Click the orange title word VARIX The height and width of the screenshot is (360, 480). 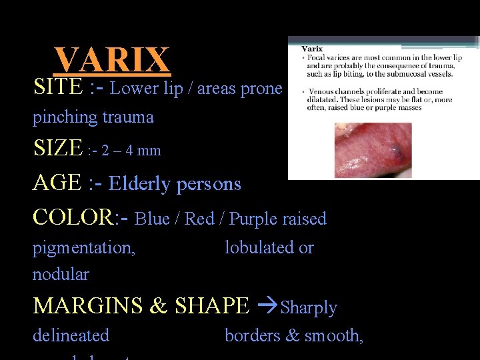pyautogui.click(x=112, y=60)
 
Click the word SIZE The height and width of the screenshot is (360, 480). pyautogui.click(x=58, y=148)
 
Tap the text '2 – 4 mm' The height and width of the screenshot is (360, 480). pyautogui.click(x=131, y=150)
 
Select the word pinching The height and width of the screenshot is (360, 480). pyautogui.click(x=61, y=117)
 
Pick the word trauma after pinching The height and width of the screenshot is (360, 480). pyautogui.click(x=128, y=117)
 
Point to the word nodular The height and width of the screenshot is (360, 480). pyautogui.click(x=61, y=274)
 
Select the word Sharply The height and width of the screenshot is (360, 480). pyautogui.click(x=309, y=308)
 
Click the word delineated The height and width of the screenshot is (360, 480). pyautogui.click(x=71, y=335)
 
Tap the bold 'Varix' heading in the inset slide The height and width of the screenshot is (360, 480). pyautogui.click(x=313, y=48)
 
